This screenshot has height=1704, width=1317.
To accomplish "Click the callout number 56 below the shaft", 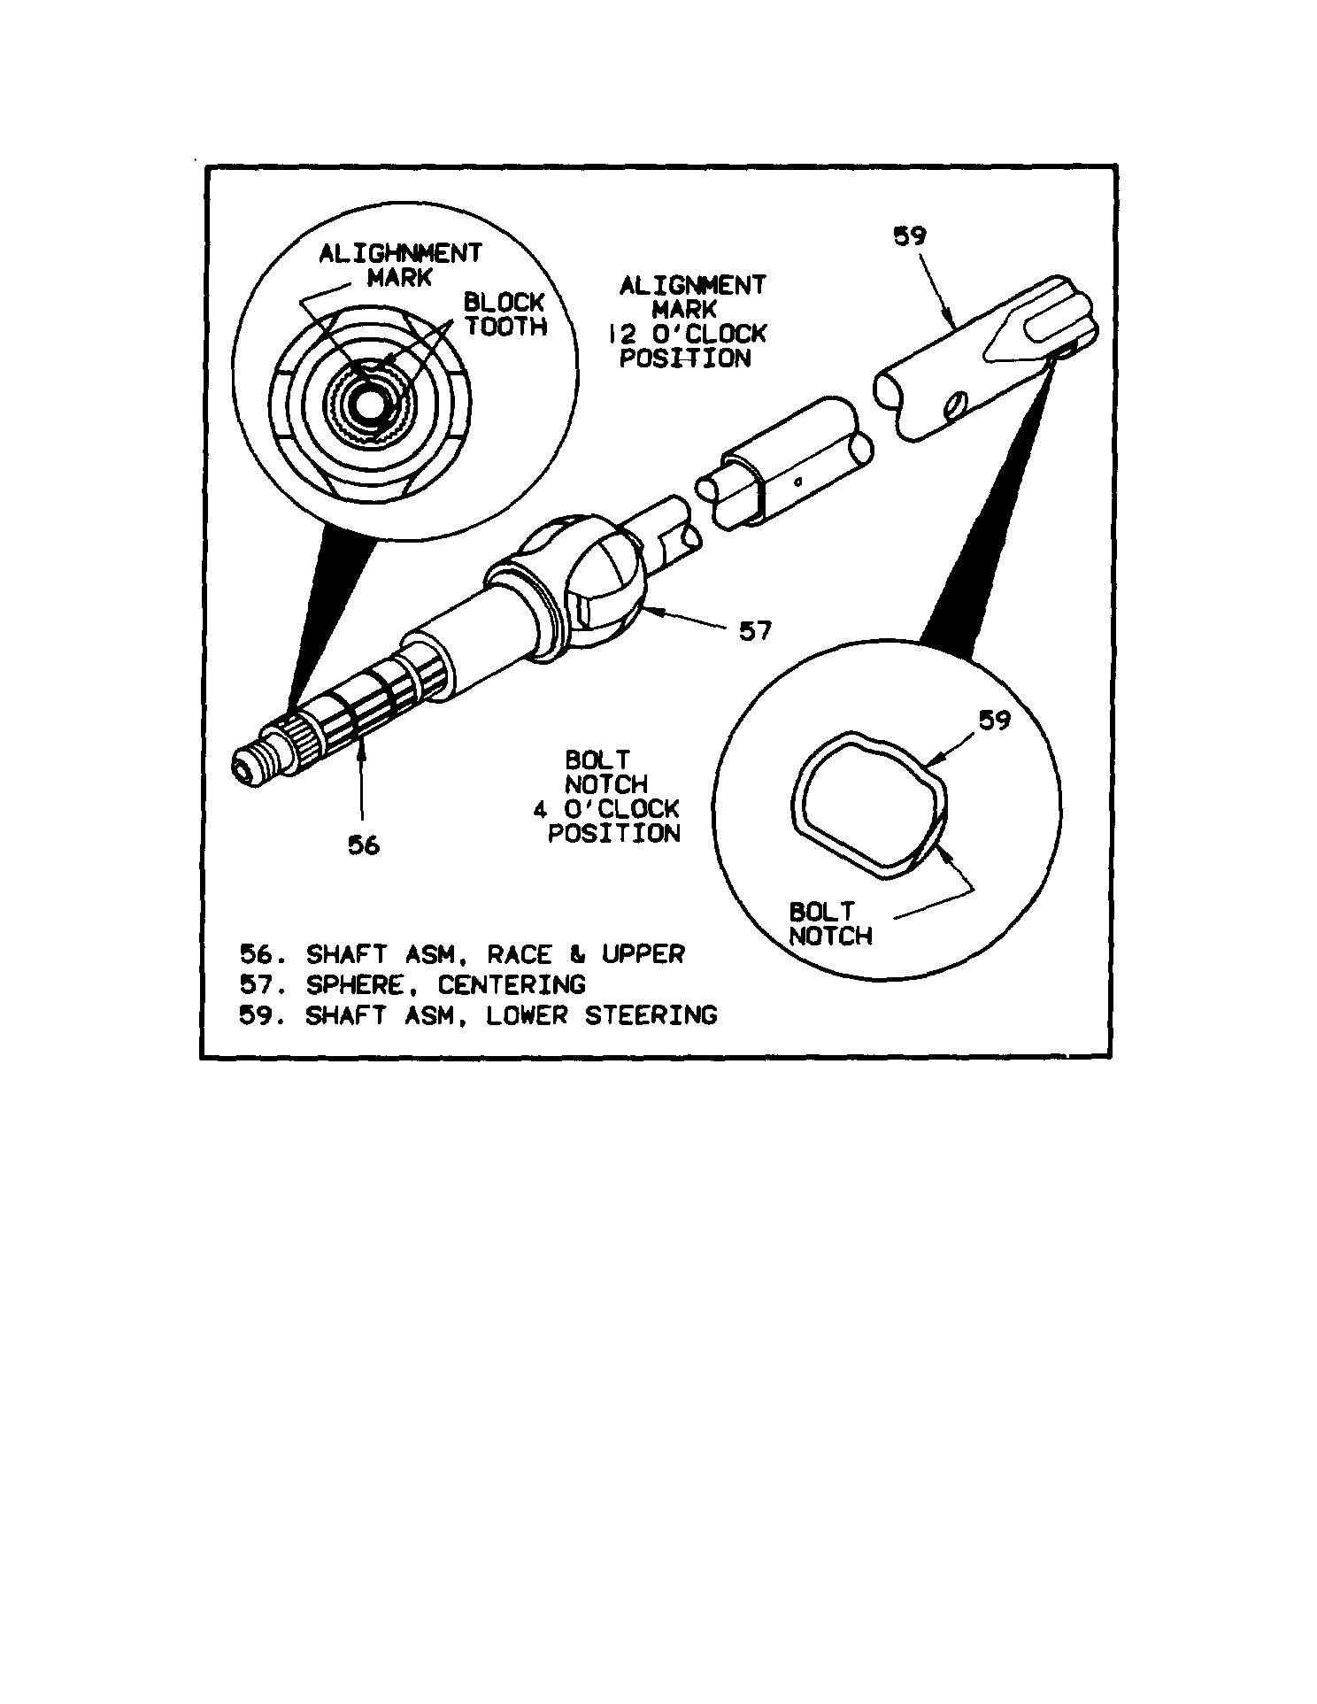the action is pos(363,845).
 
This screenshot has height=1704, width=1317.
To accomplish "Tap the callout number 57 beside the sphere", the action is pos(755,631).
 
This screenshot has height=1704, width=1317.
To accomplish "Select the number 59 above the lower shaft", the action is pos(910,237).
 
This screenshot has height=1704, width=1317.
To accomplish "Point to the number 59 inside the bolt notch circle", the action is pos(994,721).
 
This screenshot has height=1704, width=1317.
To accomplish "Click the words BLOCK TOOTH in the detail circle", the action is pos(505,314).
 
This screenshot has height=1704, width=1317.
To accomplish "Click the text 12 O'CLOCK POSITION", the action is pos(687,346).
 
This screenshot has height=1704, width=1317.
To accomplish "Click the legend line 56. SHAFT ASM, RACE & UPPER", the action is pos(463,954).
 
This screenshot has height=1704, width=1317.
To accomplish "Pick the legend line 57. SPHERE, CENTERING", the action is pos(412,984).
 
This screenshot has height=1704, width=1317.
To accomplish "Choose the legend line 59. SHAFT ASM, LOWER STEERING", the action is pos(478,1014).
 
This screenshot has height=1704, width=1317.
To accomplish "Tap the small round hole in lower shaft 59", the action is pos(957,407).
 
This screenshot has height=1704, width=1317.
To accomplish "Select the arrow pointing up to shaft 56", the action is pos(361,783).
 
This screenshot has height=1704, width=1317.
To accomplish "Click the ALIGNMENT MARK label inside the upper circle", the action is pos(400,266).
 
